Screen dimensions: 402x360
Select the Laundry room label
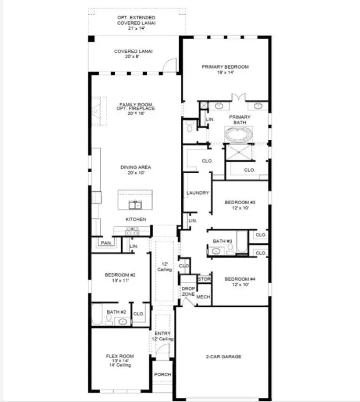pos(198,193)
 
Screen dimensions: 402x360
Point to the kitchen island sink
pos(135,204)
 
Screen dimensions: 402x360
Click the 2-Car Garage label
pos(223,356)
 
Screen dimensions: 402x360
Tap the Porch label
pos(162,375)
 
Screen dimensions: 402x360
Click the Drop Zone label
pos(188,292)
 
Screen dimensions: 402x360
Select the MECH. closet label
pos(203,297)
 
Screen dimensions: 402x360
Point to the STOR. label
pos(204,280)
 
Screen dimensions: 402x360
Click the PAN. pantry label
pos(106,243)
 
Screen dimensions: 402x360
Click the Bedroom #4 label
pos(239,282)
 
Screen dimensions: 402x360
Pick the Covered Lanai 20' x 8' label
pos(130,54)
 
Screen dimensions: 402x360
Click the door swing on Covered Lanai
pos(169,64)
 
